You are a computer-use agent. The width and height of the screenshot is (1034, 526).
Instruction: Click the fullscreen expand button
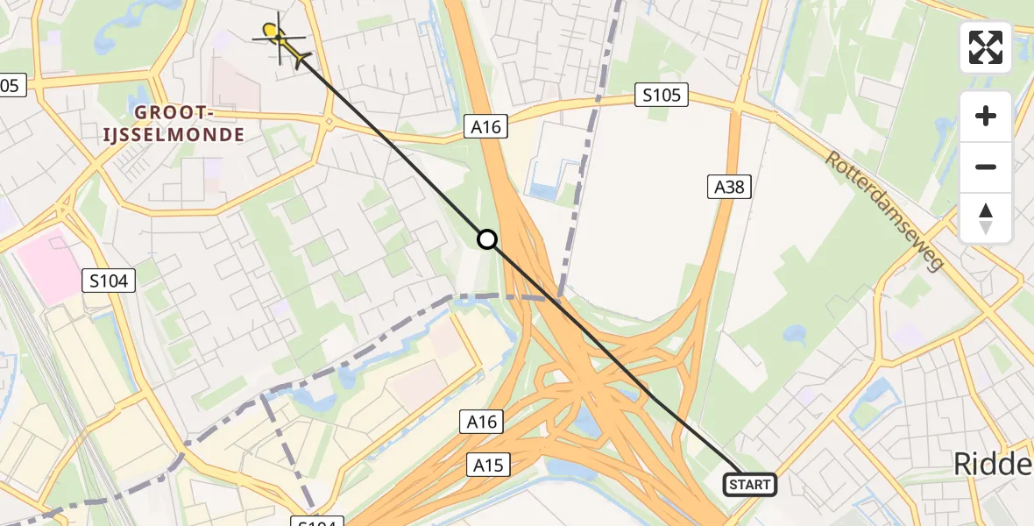point(986,47)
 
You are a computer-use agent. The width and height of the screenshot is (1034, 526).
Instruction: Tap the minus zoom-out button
point(986,167)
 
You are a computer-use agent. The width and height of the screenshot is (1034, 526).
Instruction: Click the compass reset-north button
point(986,218)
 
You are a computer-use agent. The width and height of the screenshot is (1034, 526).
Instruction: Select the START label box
point(749,484)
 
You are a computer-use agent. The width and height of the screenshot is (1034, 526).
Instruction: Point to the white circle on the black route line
point(487,239)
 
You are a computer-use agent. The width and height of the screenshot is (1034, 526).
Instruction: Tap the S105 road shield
point(662,95)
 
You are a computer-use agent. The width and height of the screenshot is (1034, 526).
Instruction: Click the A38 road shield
point(729,186)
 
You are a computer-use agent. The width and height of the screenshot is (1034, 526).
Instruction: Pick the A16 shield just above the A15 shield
point(481,422)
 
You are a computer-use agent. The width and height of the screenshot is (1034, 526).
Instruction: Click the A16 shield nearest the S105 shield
point(485,127)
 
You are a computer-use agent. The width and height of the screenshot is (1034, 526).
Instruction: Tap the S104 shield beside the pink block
point(109,281)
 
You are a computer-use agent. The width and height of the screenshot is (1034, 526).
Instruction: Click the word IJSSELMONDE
point(189,135)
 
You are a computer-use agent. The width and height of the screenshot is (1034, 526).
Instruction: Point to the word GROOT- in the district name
point(174,113)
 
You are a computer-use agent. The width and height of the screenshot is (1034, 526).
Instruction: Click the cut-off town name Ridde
point(993,466)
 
